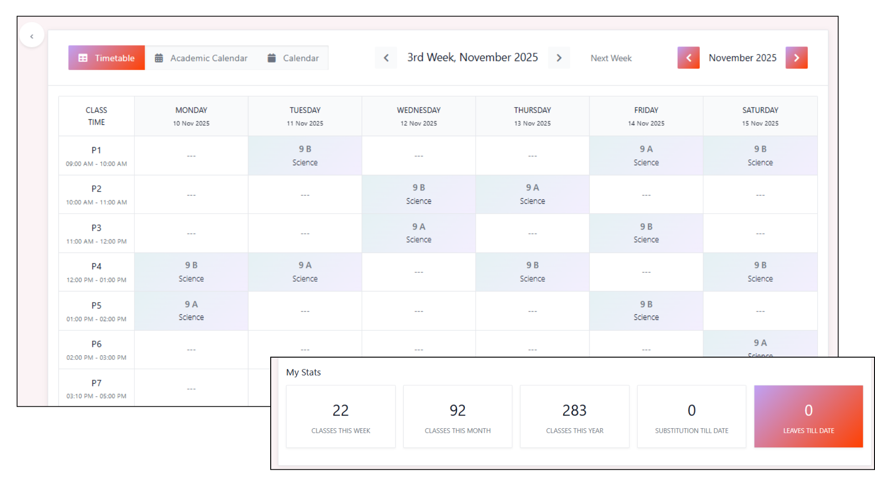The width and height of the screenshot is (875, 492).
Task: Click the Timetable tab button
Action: (107, 58)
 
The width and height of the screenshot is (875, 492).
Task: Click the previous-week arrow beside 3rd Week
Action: (386, 58)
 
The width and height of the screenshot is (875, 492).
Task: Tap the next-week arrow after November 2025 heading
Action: (559, 58)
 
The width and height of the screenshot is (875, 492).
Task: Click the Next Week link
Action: (611, 58)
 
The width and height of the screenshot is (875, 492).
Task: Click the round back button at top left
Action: (32, 36)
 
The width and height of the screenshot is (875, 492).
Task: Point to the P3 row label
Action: (96, 228)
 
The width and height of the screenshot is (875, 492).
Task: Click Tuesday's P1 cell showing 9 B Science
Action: (305, 155)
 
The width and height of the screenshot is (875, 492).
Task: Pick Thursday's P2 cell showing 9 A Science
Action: (532, 194)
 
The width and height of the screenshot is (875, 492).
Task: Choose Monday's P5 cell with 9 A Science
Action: (191, 311)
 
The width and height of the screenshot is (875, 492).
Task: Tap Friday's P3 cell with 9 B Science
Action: (646, 233)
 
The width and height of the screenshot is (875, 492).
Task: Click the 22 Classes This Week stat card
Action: (340, 416)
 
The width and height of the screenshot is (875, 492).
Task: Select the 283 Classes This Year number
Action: (574, 410)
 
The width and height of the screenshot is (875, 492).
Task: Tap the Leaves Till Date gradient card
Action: (808, 416)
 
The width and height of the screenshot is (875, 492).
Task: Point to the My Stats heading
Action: (304, 372)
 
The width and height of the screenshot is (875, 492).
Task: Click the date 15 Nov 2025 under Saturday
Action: (760, 123)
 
